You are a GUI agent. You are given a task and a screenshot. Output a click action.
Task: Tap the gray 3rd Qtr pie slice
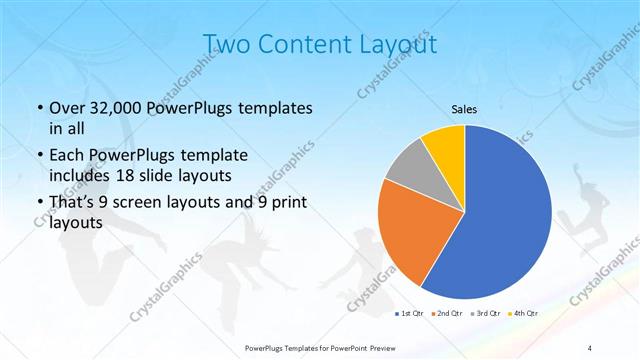point(408,170)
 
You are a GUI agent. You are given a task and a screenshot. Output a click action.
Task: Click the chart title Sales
point(464,109)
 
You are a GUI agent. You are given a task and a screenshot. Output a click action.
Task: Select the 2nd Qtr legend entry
point(448,314)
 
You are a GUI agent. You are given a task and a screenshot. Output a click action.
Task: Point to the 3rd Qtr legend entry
point(487,314)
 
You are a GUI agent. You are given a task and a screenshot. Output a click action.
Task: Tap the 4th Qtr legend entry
point(524,314)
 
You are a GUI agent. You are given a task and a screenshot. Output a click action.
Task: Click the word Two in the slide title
point(227,45)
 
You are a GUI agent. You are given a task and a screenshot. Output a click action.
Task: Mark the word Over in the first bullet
point(67,108)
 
